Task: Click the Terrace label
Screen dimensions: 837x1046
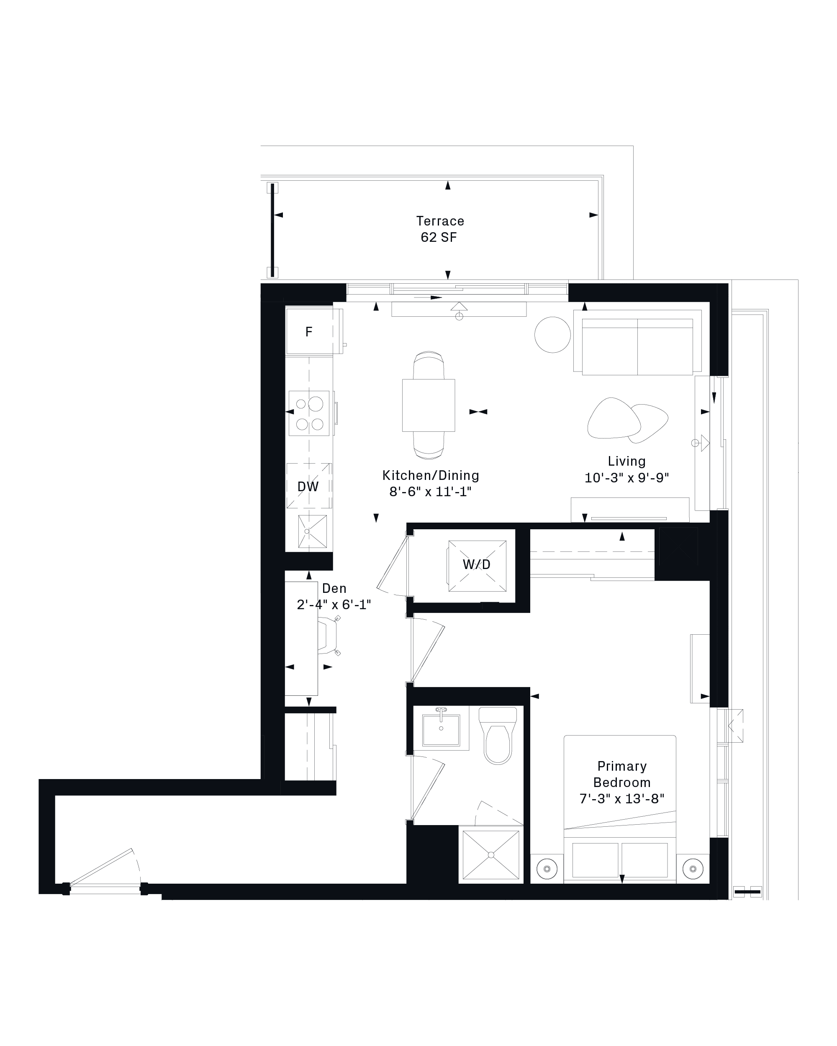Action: (440, 221)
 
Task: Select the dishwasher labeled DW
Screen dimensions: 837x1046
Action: (308, 486)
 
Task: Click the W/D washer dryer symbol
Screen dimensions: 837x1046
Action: (477, 565)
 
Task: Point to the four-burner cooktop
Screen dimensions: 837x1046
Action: (309, 413)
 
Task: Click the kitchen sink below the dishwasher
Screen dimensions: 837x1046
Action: (312, 531)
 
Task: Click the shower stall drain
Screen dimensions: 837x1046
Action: (491, 855)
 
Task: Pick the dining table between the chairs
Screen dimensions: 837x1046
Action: (429, 405)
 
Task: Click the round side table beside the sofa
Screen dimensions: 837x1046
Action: (553, 335)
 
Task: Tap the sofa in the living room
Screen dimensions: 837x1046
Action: (637, 341)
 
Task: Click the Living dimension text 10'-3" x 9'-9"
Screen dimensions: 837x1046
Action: (626, 478)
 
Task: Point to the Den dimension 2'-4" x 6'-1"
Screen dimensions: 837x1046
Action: (334, 605)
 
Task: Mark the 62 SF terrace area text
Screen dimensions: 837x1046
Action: (439, 237)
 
